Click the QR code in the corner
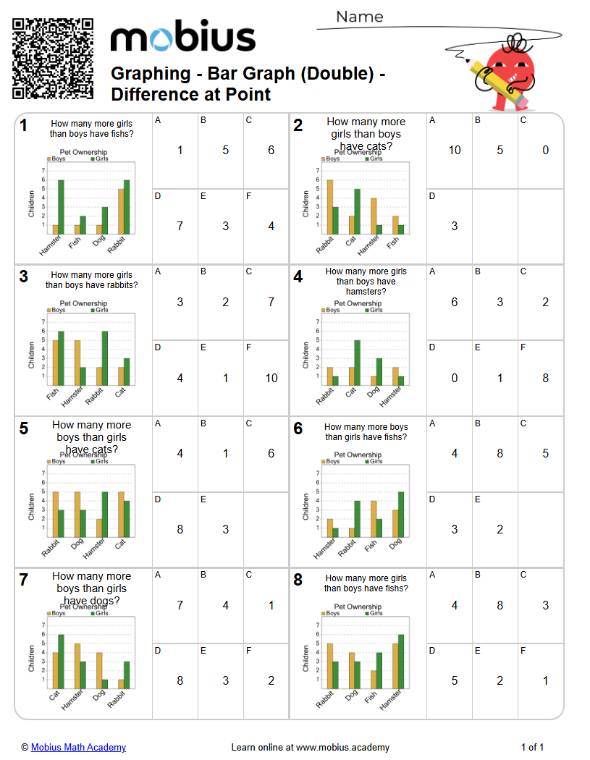(x=53, y=59)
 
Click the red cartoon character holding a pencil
(x=507, y=72)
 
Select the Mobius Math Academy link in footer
(x=78, y=747)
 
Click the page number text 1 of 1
(x=532, y=747)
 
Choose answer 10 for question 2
(x=454, y=151)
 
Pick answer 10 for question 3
(x=271, y=378)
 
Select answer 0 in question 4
(x=454, y=378)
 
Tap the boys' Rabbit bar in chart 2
(x=330, y=207)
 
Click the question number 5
(x=24, y=428)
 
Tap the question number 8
(x=298, y=580)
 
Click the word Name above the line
(x=360, y=17)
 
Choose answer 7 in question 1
(x=180, y=227)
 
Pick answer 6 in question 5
(x=271, y=454)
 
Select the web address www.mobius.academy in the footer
(x=342, y=747)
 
